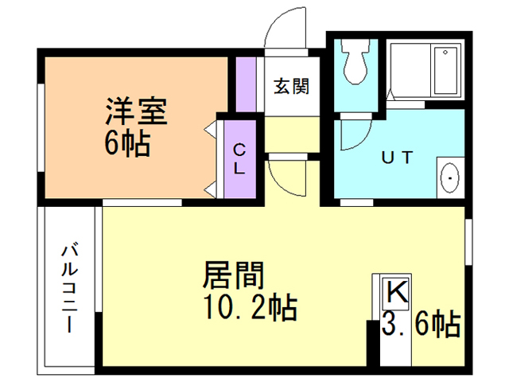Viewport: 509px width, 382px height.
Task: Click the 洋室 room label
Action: point(135,111)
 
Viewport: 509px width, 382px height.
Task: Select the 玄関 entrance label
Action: point(292,85)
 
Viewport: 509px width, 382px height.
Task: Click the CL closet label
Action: point(239,159)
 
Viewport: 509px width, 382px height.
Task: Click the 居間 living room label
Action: point(234,275)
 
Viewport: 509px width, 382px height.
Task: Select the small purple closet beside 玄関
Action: point(245,86)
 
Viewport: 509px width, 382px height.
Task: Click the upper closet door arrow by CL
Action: point(212,127)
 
